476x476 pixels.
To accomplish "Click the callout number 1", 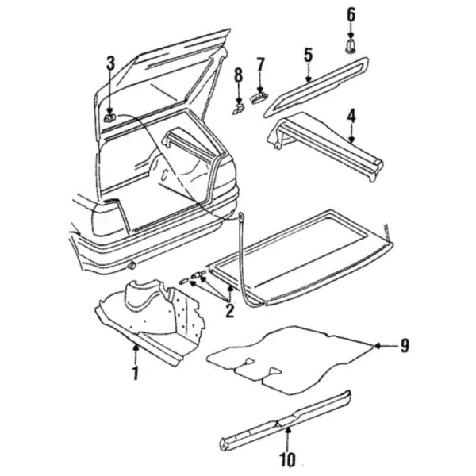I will (x=135, y=372).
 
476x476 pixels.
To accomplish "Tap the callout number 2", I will (x=229, y=310).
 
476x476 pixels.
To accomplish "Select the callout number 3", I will (x=110, y=63).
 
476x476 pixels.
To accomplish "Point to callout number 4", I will (x=351, y=116).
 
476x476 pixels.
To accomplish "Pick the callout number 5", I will (x=308, y=55).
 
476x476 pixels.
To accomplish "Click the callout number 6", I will (x=351, y=14).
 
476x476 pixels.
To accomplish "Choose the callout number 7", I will (x=259, y=63).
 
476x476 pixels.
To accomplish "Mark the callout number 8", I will (x=237, y=75).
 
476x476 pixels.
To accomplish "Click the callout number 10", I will (x=287, y=459).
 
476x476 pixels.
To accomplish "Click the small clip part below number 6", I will (x=351, y=46).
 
